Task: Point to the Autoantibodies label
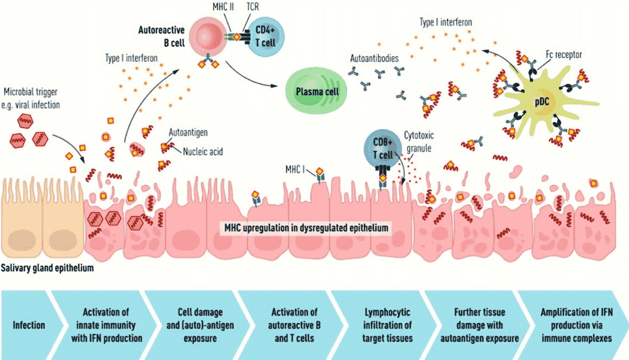pyautogui.click(x=375, y=57)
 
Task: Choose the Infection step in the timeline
pyautogui.click(x=29, y=325)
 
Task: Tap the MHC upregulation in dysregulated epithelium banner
pyautogui.click(x=306, y=227)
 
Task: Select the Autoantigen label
pyautogui.click(x=188, y=131)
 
